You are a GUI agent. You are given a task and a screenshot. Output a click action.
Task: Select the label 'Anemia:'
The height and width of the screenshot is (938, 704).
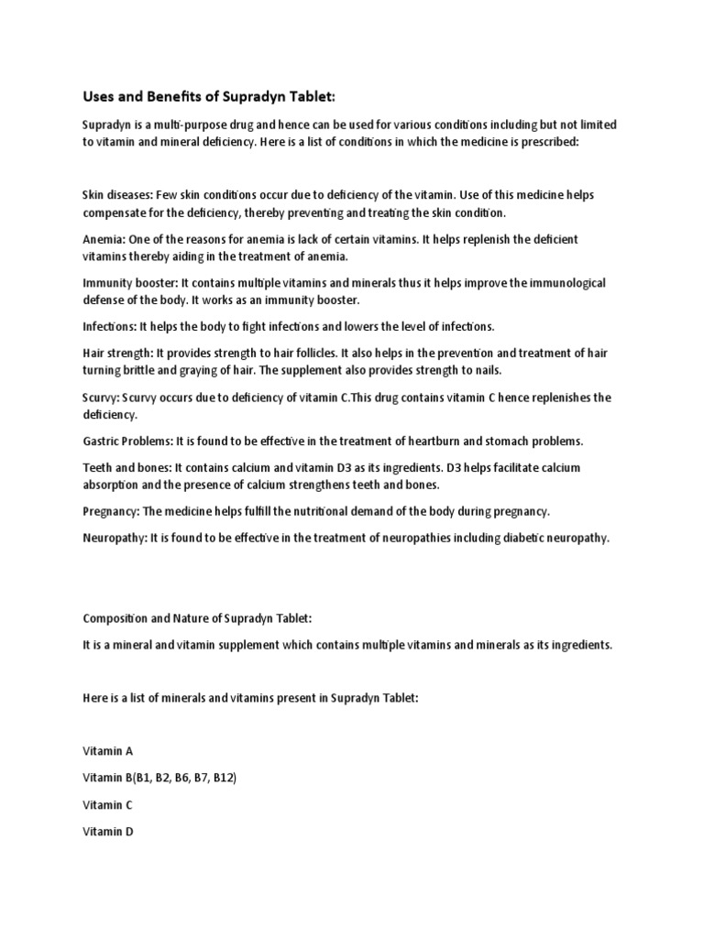tap(104, 239)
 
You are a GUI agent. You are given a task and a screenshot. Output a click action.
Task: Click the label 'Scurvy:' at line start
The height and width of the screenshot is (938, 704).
tap(102, 398)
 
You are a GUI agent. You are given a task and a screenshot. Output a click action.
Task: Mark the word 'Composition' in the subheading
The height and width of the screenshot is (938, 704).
tap(115, 618)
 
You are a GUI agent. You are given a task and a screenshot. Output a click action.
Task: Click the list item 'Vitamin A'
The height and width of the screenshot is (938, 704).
tap(107, 751)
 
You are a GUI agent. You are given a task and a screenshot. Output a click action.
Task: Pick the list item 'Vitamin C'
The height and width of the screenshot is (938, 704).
tap(107, 805)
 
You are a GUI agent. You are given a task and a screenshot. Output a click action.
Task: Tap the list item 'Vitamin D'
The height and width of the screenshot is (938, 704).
tap(107, 832)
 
